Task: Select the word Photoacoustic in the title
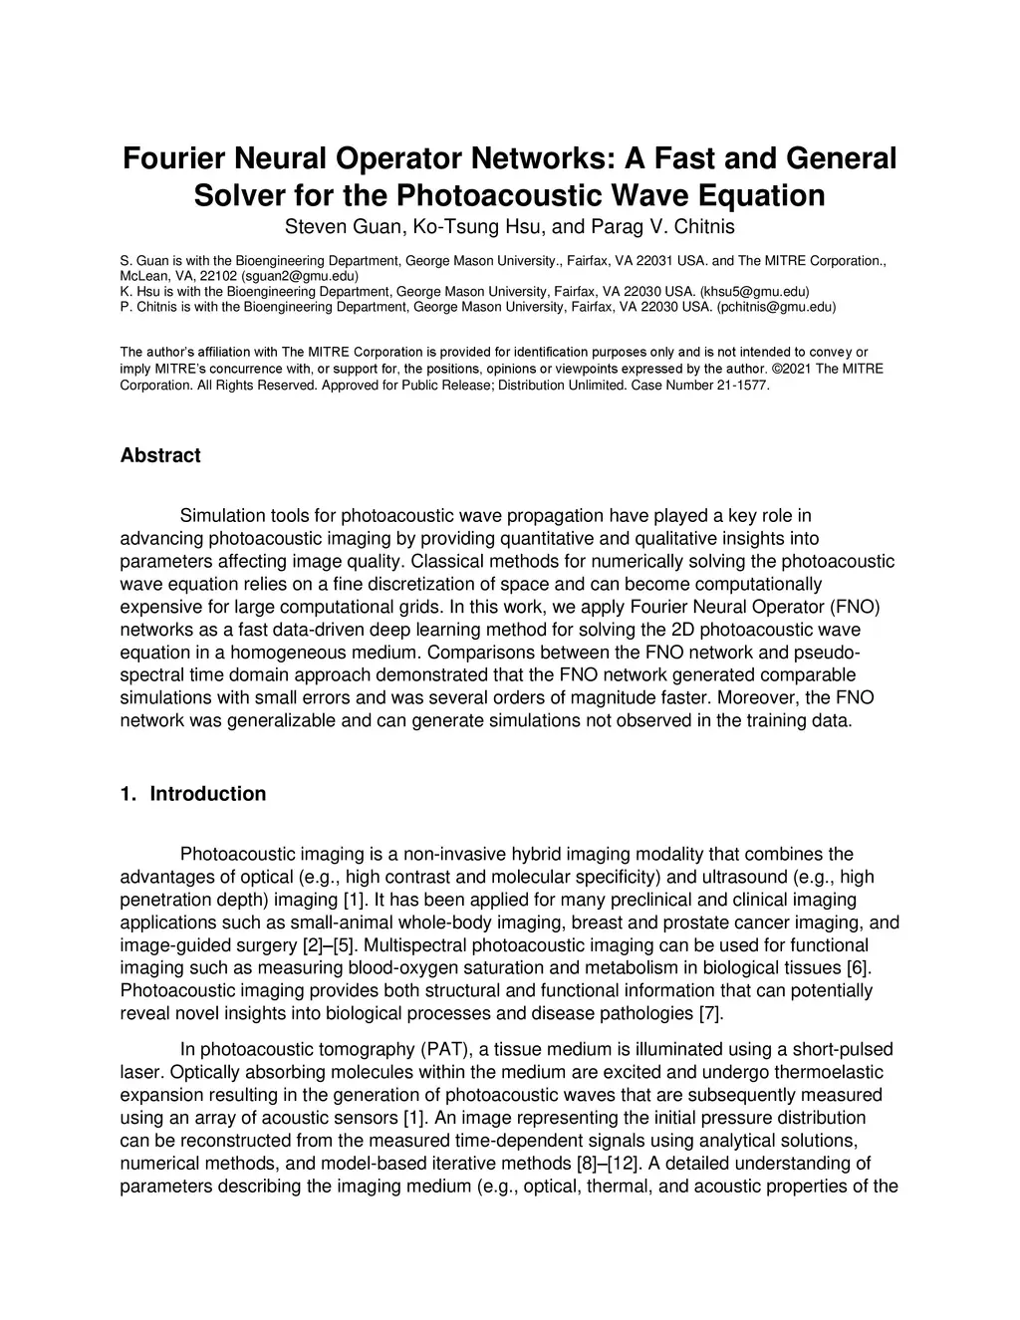coord(505,194)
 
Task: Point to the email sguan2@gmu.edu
coord(300,275)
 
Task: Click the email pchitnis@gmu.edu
coord(776,307)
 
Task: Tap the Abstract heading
coord(160,455)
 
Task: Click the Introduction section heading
coord(208,794)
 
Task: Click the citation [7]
coord(710,1014)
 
